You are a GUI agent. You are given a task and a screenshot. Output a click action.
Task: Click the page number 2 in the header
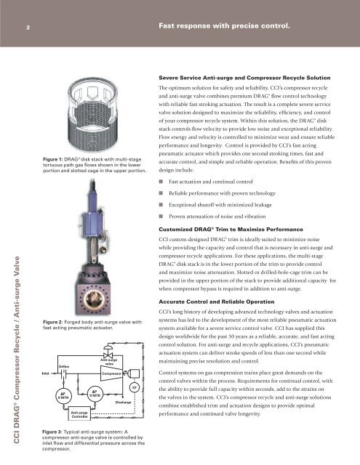28,28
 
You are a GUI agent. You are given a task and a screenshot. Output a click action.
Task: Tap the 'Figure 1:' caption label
52,159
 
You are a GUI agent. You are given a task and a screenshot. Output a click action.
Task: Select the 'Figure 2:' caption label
53,322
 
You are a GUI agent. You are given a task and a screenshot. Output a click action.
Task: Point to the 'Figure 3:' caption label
52,432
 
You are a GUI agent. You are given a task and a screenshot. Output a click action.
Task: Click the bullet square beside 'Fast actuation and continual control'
161,182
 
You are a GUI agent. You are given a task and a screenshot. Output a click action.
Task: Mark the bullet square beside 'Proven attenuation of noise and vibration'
161,217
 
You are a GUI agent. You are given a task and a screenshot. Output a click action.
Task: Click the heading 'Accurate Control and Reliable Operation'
216,302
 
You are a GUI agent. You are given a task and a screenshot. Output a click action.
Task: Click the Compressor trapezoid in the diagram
111,373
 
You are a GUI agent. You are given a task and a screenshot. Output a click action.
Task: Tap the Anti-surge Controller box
79,413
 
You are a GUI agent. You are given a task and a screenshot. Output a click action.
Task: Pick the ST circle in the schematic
135,387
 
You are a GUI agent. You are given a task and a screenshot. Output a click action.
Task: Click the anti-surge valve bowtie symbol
108,355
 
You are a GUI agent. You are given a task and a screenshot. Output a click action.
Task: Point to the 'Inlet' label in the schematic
46,373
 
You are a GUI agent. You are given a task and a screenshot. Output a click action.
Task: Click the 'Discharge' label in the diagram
123,403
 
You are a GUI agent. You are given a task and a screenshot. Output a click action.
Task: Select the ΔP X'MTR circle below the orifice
63,396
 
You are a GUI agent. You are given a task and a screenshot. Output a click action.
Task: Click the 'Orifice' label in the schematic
64,366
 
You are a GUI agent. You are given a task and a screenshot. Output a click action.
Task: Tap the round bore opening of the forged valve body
94,299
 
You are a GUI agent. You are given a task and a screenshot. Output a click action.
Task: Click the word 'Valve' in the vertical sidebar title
17,266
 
